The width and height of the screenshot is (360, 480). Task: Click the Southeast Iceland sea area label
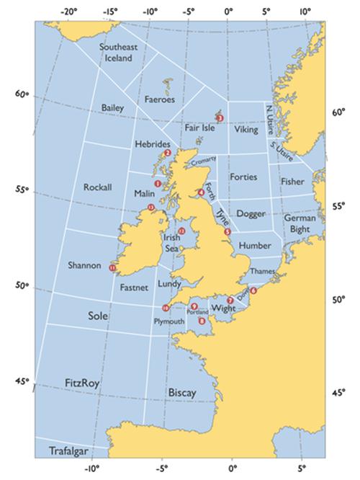118,53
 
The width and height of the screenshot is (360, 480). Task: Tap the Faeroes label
161,99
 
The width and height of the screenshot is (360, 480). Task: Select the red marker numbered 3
220,117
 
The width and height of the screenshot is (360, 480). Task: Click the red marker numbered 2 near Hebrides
167,153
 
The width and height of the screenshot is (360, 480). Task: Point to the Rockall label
98,187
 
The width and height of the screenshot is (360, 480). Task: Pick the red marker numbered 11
112,268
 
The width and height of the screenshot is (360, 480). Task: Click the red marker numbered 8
202,321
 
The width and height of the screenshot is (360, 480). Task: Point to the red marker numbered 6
253,290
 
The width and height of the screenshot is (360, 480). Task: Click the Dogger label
251,214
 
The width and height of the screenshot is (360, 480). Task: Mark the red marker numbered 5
228,232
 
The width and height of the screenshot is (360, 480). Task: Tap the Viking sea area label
246,130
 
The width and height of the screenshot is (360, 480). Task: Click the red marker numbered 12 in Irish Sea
181,231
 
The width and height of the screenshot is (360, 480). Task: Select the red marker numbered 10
166,308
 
